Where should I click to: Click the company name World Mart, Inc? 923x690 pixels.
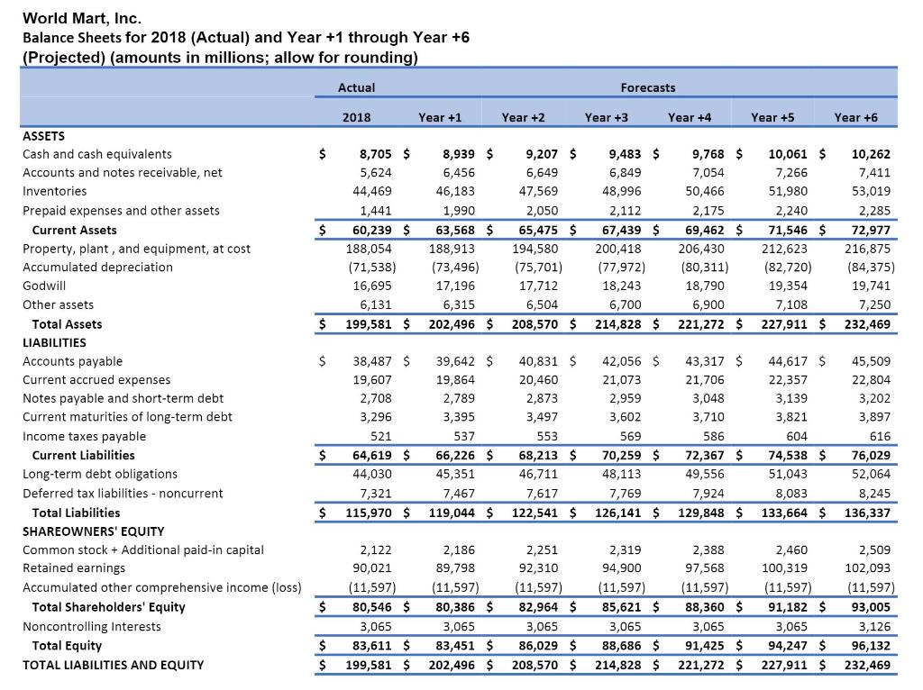pyautogui.click(x=82, y=17)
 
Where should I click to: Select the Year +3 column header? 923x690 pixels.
pyautogui.click(x=606, y=117)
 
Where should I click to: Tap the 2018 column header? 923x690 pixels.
pyautogui.click(x=356, y=117)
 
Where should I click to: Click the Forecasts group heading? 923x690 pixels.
pyautogui.click(x=647, y=87)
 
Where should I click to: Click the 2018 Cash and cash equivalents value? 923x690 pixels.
pyautogui.click(x=371, y=154)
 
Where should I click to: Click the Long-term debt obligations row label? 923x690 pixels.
pyautogui.click(x=99, y=474)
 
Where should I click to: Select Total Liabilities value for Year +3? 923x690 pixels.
pyautogui.click(x=619, y=513)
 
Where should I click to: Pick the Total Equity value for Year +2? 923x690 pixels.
pyautogui.click(x=538, y=645)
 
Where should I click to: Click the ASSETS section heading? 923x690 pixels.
pyautogui.click(x=43, y=136)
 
